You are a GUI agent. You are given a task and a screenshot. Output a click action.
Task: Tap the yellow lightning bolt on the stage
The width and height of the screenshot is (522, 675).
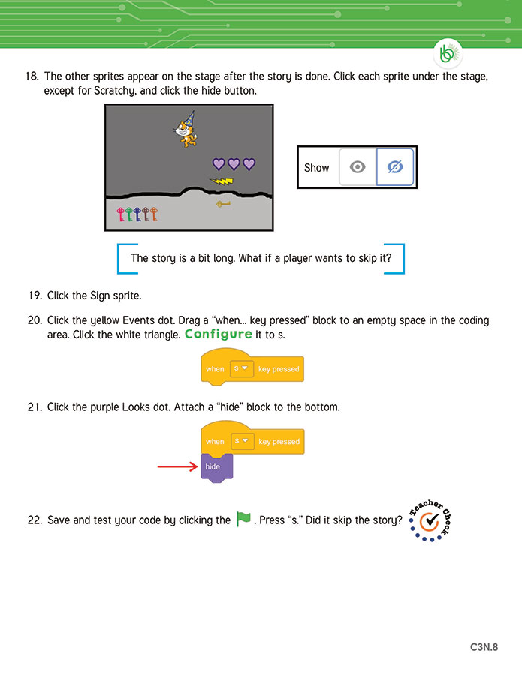pyautogui.click(x=222, y=181)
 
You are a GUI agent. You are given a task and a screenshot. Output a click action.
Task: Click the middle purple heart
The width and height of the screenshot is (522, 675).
pyautogui.click(x=234, y=163)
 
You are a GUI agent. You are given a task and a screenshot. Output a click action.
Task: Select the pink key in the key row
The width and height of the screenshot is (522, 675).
pyautogui.click(x=119, y=216)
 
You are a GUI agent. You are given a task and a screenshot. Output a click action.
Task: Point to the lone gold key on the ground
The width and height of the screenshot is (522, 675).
pyautogui.click(x=223, y=203)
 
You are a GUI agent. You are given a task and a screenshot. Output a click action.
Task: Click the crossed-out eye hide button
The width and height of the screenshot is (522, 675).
pyautogui.click(x=394, y=167)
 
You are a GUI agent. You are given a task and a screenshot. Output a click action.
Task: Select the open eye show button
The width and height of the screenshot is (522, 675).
pyautogui.click(x=358, y=167)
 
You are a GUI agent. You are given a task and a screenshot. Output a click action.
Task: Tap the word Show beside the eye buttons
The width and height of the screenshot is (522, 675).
pyautogui.click(x=316, y=168)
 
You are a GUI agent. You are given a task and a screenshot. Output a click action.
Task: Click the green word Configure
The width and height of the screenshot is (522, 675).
pyautogui.click(x=219, y=334)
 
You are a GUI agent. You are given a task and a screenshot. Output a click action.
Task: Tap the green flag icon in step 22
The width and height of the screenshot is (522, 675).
pyautogui.click(x=243, y=519)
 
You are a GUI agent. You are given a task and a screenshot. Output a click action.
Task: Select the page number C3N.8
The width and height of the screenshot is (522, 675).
pyautogui.click(x=484, y=646)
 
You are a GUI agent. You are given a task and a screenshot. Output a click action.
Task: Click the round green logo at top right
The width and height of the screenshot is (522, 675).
pyautogui.click(x=448, y=54)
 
